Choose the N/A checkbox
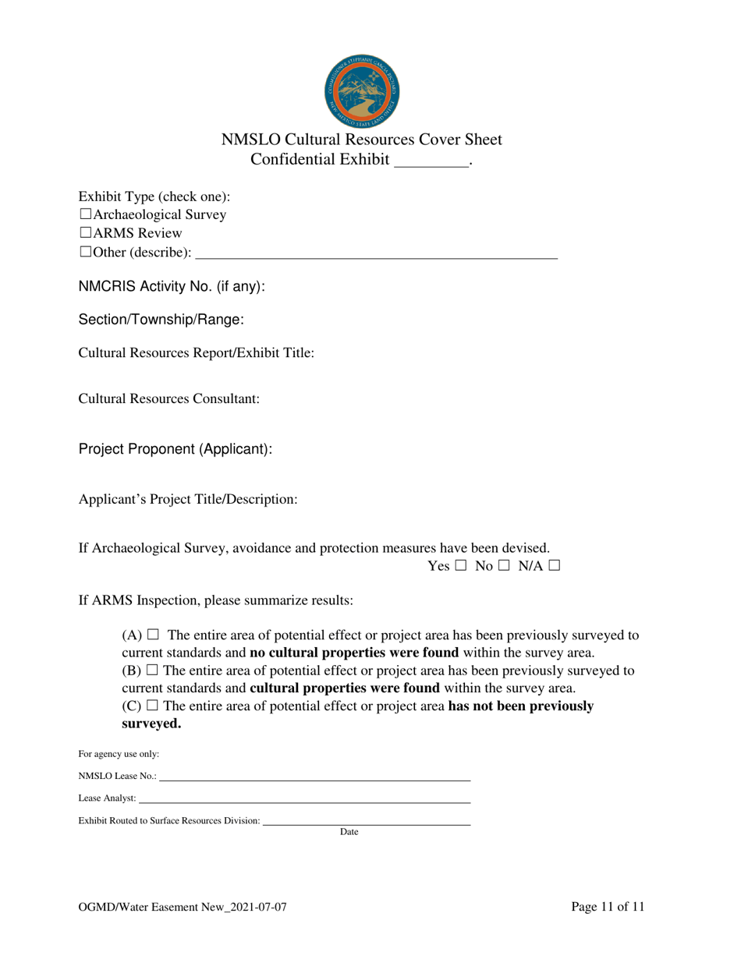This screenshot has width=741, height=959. pos(554,567)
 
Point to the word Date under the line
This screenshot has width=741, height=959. pos(349,833)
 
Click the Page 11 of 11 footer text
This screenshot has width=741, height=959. pos(608,907)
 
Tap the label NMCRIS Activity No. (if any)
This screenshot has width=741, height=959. pos(172,287)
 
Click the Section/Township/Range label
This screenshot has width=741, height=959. pos(161,320)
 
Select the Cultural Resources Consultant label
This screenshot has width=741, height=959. pos(168,399)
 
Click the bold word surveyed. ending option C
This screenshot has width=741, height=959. pos(152,724)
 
